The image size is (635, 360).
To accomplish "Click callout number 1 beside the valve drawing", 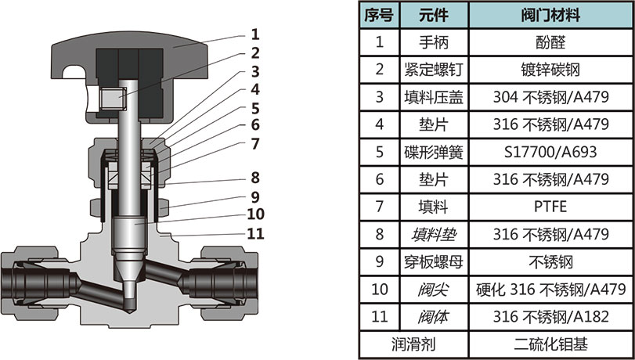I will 254,34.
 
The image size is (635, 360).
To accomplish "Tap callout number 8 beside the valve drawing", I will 255,176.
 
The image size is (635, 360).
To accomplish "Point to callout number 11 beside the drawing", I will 255,233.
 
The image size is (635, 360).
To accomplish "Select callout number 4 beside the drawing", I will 255,90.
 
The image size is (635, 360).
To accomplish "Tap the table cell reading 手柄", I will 433,41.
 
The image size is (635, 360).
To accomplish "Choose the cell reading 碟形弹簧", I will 433,151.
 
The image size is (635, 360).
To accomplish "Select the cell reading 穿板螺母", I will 433,261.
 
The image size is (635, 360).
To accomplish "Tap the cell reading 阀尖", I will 433,290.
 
